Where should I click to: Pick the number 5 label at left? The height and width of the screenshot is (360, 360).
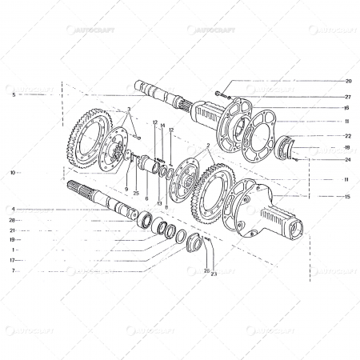(14, 94)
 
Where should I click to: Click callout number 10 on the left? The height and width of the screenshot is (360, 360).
(13, 172)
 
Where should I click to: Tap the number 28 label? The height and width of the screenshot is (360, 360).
(13, 219)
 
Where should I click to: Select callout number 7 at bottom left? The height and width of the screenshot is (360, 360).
(14, 270)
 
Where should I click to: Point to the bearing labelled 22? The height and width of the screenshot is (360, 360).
(286, 147)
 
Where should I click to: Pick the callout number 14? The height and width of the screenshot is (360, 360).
(162, 126)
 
